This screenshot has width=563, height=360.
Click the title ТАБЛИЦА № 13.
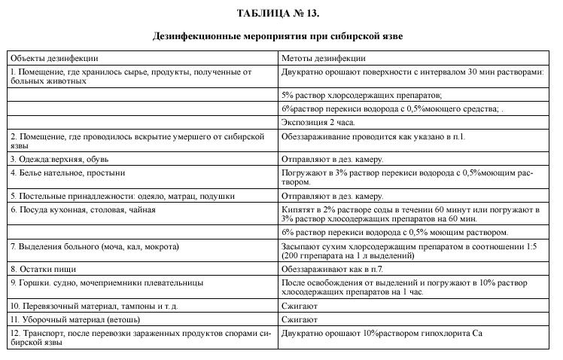282,14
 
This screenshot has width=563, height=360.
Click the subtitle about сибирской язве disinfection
282,35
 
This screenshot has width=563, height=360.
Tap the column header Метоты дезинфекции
324,58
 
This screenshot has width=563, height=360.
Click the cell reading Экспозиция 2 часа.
318,122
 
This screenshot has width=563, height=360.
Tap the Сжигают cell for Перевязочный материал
300,307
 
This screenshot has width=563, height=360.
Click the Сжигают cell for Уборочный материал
300,319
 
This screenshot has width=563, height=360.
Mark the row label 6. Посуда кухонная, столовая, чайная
83,209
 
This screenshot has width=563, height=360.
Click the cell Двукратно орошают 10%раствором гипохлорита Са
382,332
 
